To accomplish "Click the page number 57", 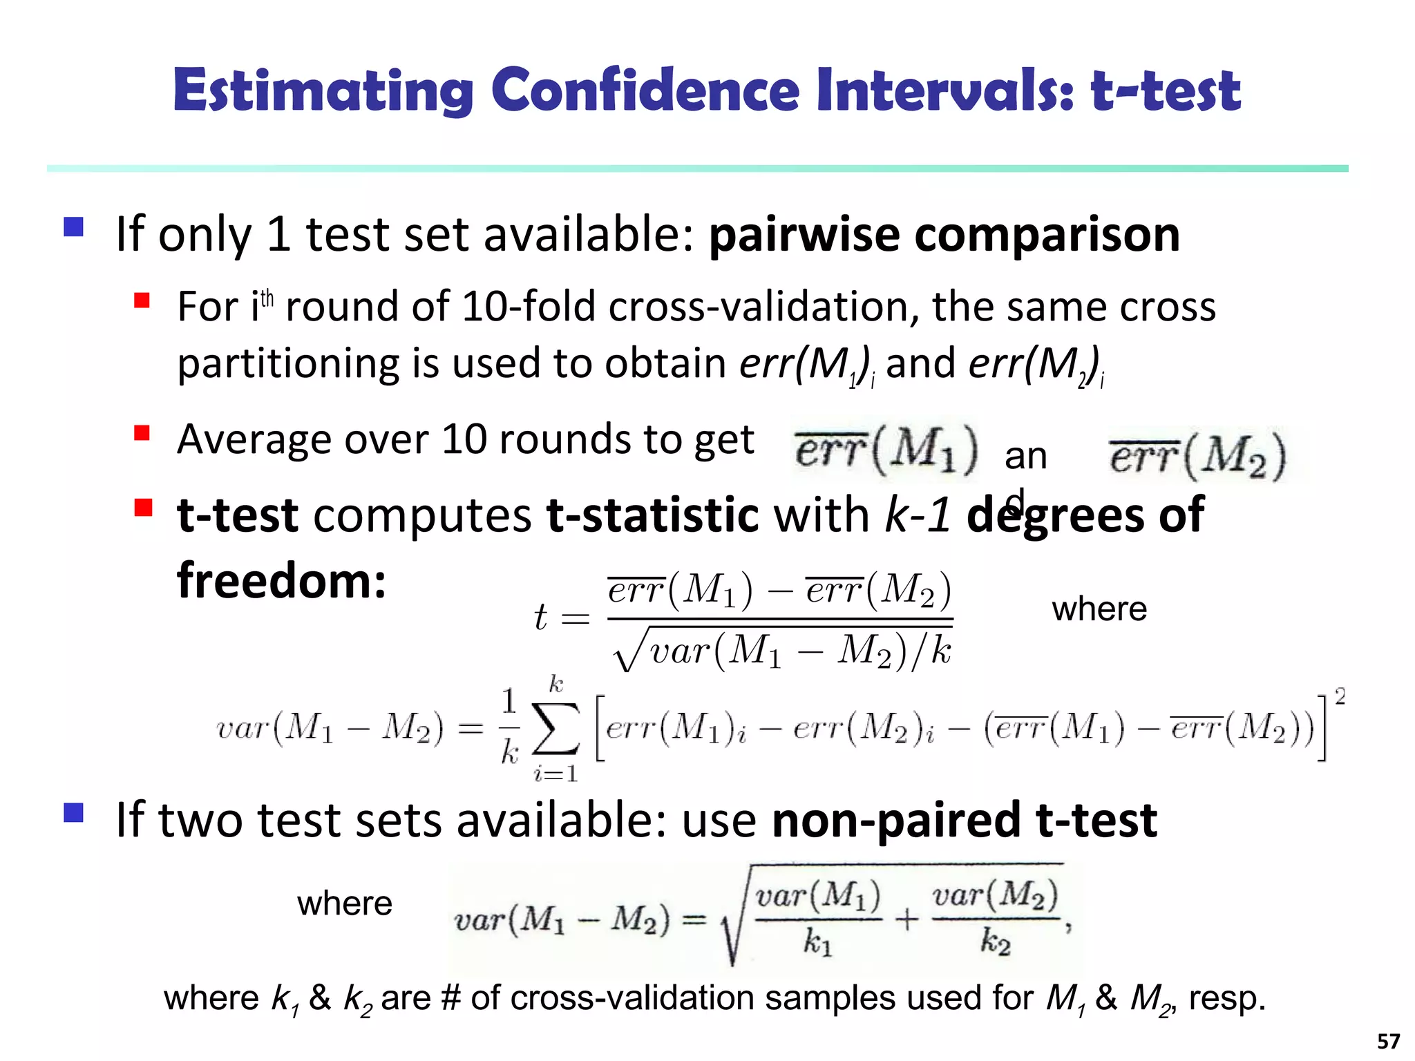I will coord(1388,1041).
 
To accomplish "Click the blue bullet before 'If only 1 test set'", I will coord(73,227).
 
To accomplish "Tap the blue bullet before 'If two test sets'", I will coord(73,812).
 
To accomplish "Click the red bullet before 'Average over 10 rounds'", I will coord(142,433).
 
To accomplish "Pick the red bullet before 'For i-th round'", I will coord(142,300).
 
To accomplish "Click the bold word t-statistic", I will coord(652,515).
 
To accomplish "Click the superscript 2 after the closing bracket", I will coord(1340,696).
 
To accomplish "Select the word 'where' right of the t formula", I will coord(1099,609).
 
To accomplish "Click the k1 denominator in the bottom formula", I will coord(817,942).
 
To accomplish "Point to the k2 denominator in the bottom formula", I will coord(995,942).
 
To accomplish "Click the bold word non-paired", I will coord(896,821).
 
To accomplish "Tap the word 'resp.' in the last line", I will coord(1227,998).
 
